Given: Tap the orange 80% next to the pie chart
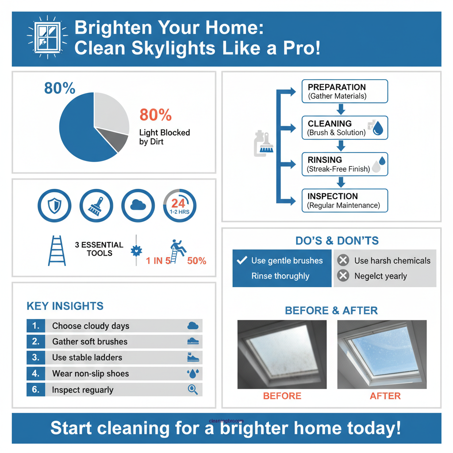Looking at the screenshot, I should [155, 115].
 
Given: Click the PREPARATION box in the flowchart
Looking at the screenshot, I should [344, 91].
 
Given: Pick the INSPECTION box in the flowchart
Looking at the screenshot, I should [344, 200].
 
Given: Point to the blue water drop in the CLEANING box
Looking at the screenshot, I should [379, 129].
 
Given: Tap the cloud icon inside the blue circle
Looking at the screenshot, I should [138, 205].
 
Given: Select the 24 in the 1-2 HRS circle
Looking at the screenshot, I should [178, 203].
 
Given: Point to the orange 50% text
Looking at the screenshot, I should [196, 261].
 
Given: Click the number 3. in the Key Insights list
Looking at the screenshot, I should [36, 357].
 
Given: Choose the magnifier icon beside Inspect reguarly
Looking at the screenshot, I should [193, 389].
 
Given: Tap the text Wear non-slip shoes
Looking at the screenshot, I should [90, 374].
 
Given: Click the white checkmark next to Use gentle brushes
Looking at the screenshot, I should [242, 261].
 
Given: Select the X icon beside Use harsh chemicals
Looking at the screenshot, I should [343, 261].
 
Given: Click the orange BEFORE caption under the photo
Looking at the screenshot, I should [282, 396].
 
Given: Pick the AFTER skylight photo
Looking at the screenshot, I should [382, 354].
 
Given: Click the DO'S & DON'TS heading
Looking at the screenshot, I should [337, 241].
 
